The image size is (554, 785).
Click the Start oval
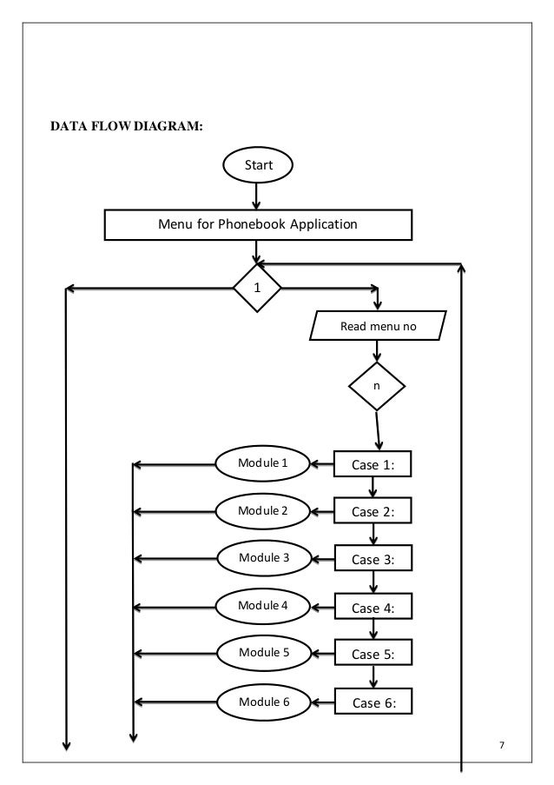pyautogui.click(x=258, y=164)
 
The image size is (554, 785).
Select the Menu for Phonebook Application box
pyautogui.click(x=258, y=225)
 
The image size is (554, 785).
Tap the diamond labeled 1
pyautogui.click(x=257, y=288)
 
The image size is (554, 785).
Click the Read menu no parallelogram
pyautogui.click(x=378, y=326)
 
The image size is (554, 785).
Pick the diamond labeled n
pyautogui.click(x=377, y=387)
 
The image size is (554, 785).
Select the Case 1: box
pyautogui.click(x=373, y=464)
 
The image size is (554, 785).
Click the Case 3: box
pyautogui.click(x=373, y=558)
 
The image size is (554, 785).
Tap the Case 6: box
pyautogui.click(x=373, y=702)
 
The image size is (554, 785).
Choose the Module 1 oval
pyautogui.click(x=262, y=463)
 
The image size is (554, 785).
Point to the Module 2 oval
pyautogui.click(x=262, y=511)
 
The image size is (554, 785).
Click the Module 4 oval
pyautogui.click(x=262, y=606)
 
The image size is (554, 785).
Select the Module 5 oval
pyautogui.click(x=264, y=653)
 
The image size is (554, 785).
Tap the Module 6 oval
pyautogui.click(x=264, y=702)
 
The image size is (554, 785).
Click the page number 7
pyautogui.click(x=502, y=745)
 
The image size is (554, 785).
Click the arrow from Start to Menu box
pyautogui.click(x=256, y=196)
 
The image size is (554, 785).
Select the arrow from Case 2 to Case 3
pyautogui.click(x=373, y=534)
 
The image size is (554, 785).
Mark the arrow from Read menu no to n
pyautogui.click(x=377, y=351)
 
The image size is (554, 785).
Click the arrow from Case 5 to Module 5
pyautogui.click(x=323, y=654)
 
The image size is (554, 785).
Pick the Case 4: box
pyautogui.click(x=373, y=606)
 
